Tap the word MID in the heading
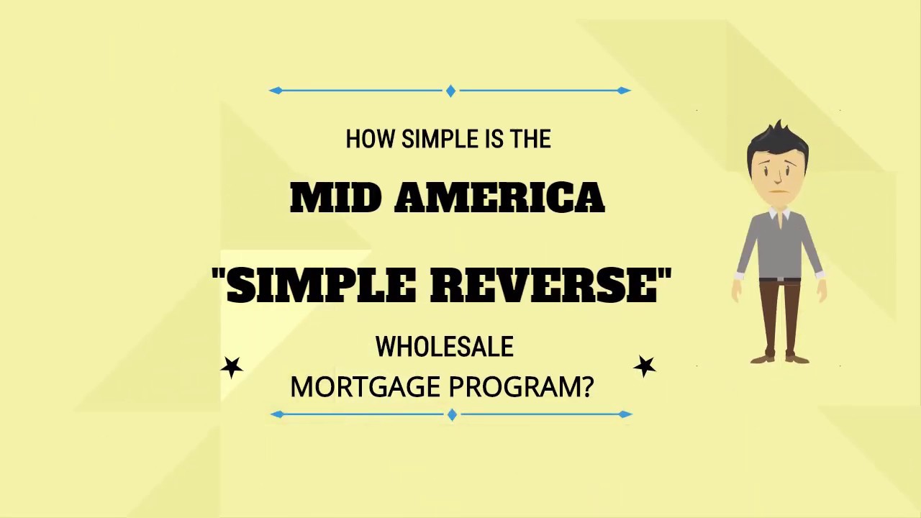[x=335, y=198]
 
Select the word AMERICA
[x=499, y=198]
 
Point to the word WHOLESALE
[x=444, y=347]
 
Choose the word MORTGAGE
[x=360, y=387]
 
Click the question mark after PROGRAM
[x=587, y=387]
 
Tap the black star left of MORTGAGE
[x=232, y=368]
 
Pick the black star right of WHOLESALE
[x=645, y=366]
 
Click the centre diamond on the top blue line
[x=450, y=91]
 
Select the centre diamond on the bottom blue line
[x=452, y=414]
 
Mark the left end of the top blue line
[x=276, y=91]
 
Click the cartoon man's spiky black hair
[x=778, y=137]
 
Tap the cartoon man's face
[x=779, y=173]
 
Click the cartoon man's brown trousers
[x=780, y=317]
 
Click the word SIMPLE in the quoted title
[x=322, y=285]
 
